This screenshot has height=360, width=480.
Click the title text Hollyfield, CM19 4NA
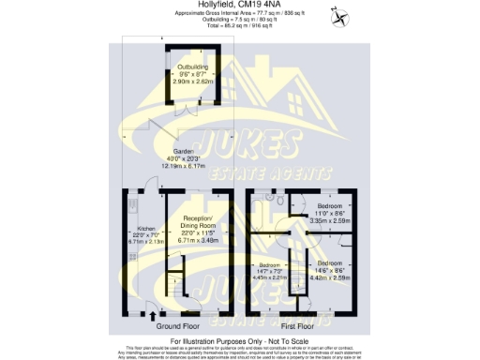[x=240, y=5]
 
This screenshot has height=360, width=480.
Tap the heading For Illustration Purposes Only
[x=240, y=341]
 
